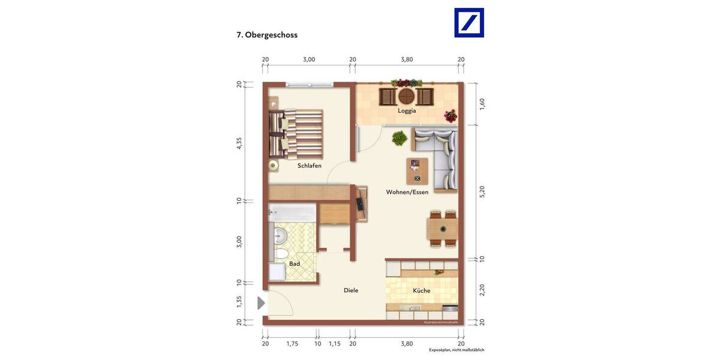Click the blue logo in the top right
pos(469,23)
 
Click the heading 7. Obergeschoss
pos(267,35)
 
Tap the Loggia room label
pos(407,110)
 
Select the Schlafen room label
pos(309,166)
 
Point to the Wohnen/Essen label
pos(407,192)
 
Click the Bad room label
pos(294,263)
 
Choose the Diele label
pos(351,290)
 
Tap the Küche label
pos(421,290)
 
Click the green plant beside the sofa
pos(398,139)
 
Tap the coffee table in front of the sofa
pos(417,171)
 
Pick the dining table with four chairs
pos(443,229)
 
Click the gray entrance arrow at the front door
pos(261,304)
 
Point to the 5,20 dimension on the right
pos(482,192)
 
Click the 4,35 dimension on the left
pos(239,143)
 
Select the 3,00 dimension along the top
pos(308,59)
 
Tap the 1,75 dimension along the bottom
pos(292,344)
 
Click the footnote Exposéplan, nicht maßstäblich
pos(456,350)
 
